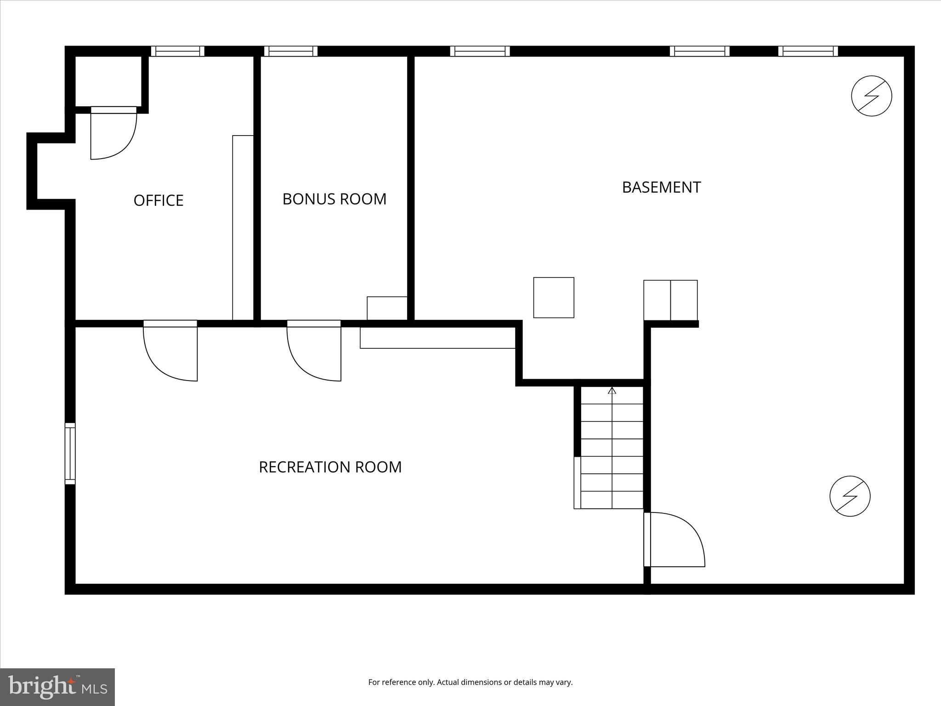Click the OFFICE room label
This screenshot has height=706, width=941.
[159, 200]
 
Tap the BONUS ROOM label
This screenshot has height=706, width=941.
[334, 199]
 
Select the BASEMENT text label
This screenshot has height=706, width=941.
[661, 187]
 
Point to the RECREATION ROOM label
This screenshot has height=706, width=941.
[330, 467]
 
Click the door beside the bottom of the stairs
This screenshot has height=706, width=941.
[675, 540]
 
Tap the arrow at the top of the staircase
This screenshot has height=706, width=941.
[612, 391]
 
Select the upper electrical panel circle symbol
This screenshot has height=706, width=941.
[871, 96]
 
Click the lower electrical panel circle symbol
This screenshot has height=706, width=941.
[850, 496]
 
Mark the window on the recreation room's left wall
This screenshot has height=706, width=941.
[70, 453]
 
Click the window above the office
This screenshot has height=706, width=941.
[178, 51]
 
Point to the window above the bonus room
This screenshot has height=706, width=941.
[290, 51]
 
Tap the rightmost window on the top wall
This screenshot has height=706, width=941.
[808, 51]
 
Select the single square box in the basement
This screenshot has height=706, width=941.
[553, 297]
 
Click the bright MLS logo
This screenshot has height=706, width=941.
[57, 687]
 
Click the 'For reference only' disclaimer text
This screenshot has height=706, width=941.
[470, 682]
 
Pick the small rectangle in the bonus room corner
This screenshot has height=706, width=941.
[387, 308]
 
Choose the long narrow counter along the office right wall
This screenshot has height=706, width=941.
[243, 228]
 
